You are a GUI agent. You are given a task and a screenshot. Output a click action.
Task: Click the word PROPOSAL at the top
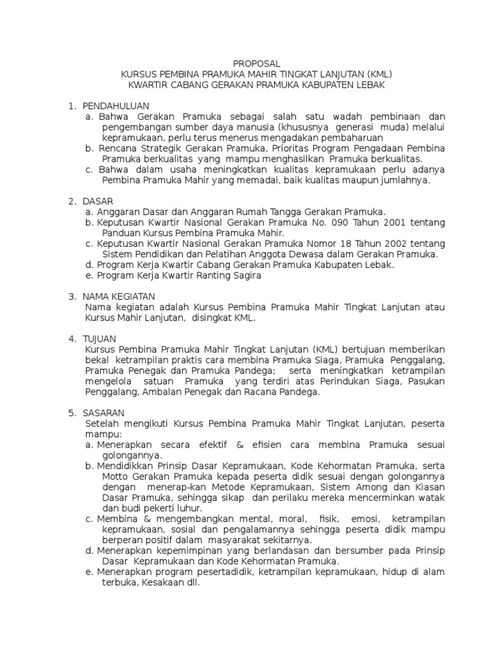click(256, 63)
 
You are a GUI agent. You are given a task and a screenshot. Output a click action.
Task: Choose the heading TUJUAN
click(100, 338)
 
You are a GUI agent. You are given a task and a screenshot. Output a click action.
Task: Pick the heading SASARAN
click(104, 413)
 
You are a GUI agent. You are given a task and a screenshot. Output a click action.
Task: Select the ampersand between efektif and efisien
click(240, 444)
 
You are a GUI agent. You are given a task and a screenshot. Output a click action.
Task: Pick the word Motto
click(114, 476)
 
